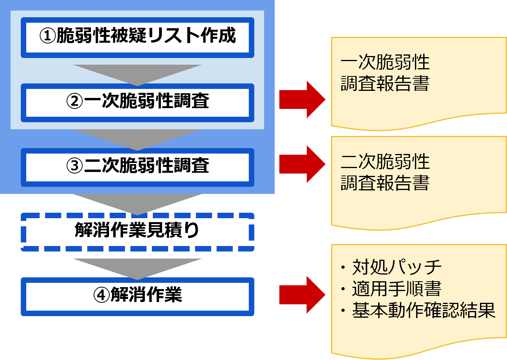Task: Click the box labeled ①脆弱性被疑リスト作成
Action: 137,37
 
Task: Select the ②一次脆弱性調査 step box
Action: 137,102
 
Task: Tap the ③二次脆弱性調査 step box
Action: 137,167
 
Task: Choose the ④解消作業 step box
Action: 137,296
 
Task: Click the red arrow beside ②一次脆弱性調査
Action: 302,99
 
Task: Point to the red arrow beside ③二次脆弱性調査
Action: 302,164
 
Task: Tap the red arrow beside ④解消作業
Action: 302,295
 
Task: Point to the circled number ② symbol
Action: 74,102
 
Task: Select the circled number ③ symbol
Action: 74,167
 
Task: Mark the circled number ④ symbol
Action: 101,296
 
